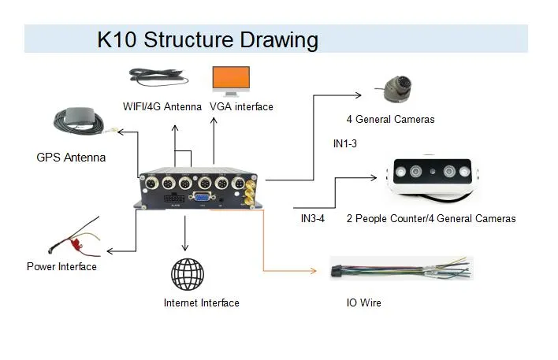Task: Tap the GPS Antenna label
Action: (x=71, y=158)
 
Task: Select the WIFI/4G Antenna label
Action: (x=163, y=106)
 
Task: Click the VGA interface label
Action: (x=241, y=106)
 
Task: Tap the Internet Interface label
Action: (x=201, y=303)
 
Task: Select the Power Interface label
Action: (x=61, y=267)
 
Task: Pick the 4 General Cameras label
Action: (x=390, y=120)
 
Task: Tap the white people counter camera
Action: (x=433, y=176)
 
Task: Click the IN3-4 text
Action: (x=313, y=218)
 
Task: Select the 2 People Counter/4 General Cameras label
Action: (x=431, y=218)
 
